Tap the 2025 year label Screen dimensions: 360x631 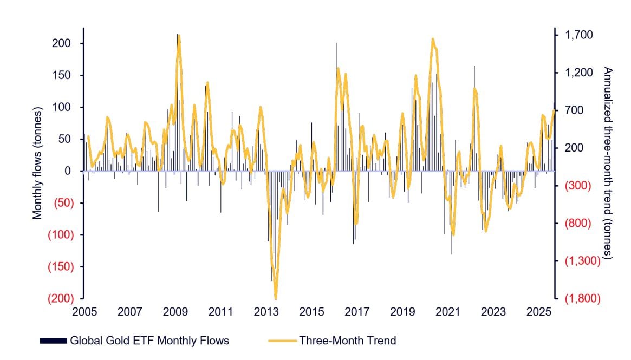(539, 312)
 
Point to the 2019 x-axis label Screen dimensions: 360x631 (402, 312)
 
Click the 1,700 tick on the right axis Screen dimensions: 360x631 (580, 35)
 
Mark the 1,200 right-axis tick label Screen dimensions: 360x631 (580, 73)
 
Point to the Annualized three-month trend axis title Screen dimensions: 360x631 (608, 162)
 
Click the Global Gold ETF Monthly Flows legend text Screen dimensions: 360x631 (149, 341)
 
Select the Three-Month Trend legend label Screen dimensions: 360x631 (348, 341)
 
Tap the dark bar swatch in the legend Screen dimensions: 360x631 (53, 341)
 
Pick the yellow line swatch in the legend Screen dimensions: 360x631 (282, 341)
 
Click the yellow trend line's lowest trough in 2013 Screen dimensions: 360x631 (276, 297)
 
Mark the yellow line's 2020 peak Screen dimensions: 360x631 (433, 39)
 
